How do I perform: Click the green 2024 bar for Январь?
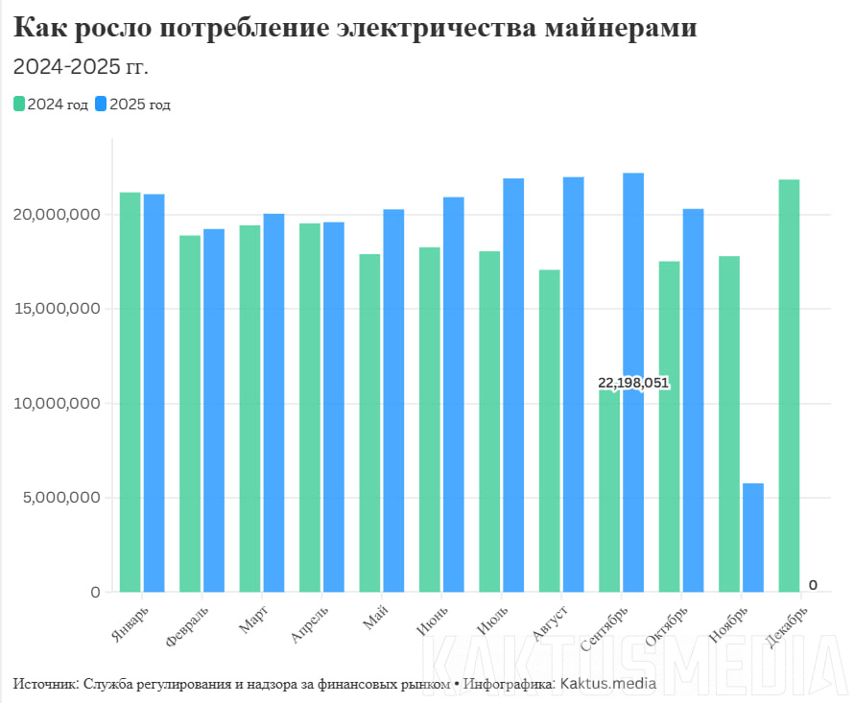click(x=130, y=392)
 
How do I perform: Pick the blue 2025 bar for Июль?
click(x=513, y=385)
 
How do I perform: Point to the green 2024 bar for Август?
click(x=550, y=431)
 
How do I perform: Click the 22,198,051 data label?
click(x=632, y=383)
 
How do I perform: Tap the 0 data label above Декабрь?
click(x=813, y=585)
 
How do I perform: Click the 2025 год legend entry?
click(x=133, y=105)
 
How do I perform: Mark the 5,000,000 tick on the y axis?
click(x=58, y=498)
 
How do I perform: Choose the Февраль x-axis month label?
click(x=187, y=625)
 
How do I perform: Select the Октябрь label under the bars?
click(x=668, y=624)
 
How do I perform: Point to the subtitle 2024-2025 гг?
click(x=81, y=67)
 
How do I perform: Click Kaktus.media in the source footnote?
click(x=607, y=684)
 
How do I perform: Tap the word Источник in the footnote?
click(x=46, y=684)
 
